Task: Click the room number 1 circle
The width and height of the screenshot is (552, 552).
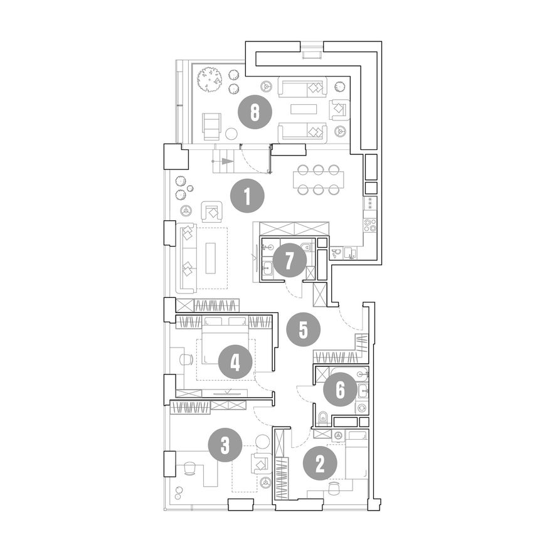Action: [247, 196]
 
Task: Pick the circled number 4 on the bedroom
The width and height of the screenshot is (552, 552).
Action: [235, 363]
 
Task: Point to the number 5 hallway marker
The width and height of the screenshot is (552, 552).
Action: [303, 329]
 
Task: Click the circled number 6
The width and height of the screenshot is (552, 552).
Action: [340, 390]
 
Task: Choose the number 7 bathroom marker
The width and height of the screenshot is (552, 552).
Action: [289, 261]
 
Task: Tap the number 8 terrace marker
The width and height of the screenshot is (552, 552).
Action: [255, 112]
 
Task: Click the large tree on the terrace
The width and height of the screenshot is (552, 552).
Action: [210, 80]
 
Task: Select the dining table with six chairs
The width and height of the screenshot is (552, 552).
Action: [318, 180]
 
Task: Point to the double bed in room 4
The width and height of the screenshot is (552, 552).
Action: [225, 341]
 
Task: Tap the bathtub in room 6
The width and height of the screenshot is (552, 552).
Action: [349, 374]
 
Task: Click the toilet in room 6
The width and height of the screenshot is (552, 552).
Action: [322, 418]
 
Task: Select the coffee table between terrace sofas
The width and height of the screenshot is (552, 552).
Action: [304, 109]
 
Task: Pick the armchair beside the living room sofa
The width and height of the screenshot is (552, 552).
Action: [211, 212]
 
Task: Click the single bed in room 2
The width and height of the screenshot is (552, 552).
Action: [357, 455]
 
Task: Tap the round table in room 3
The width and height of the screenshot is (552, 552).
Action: [262, 442]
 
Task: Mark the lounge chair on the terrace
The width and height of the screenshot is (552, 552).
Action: [211, 127]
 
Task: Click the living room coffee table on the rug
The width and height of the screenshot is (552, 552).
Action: [211, 258]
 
